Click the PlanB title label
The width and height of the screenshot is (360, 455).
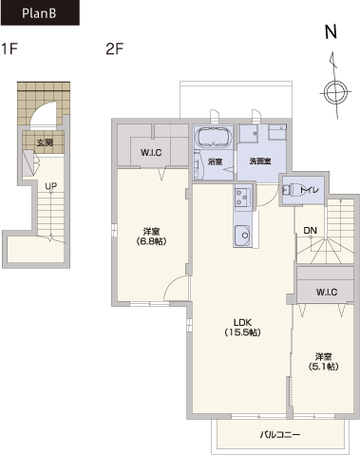(39, 13)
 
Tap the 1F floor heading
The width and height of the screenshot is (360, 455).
(9, 49)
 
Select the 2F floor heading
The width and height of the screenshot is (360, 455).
(115, 49)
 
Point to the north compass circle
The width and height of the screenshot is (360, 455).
(335, 92)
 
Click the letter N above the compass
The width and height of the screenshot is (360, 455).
(332, 31)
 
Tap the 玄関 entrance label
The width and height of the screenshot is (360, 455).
(45, 142)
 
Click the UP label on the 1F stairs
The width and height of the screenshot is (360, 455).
(51, 186)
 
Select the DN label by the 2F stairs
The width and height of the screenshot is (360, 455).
(310, 230)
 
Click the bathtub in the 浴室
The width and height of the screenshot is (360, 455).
(214, 137)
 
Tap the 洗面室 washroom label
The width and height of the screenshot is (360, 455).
(260, 161)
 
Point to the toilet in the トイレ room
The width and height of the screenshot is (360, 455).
(293, 190)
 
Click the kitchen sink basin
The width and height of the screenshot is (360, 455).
(242, 236)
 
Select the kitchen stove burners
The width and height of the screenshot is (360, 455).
(243, 197)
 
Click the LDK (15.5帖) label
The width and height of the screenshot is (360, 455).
(243, 328)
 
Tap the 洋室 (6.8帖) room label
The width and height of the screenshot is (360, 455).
(151, 237)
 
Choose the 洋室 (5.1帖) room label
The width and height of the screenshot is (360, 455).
(323, 362)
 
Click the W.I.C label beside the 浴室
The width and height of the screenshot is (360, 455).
(151, 153)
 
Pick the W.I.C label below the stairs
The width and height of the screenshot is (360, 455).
(327, 292)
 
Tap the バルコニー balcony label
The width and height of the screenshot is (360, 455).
(280, 434)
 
